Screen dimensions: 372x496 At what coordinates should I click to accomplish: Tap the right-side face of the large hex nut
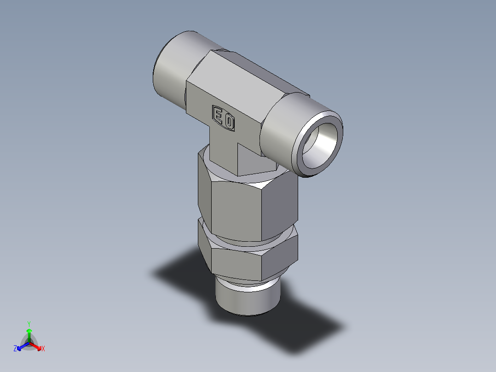coord(282,203)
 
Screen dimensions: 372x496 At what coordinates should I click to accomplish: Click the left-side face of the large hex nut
coord(204,193)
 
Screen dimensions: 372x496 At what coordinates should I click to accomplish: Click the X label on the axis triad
coord(43,349)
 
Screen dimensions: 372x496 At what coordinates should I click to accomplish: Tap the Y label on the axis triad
coord(29,324)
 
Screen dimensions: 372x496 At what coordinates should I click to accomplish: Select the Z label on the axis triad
coord(15,349)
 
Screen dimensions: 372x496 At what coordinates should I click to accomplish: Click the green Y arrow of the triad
coord(29,334)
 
